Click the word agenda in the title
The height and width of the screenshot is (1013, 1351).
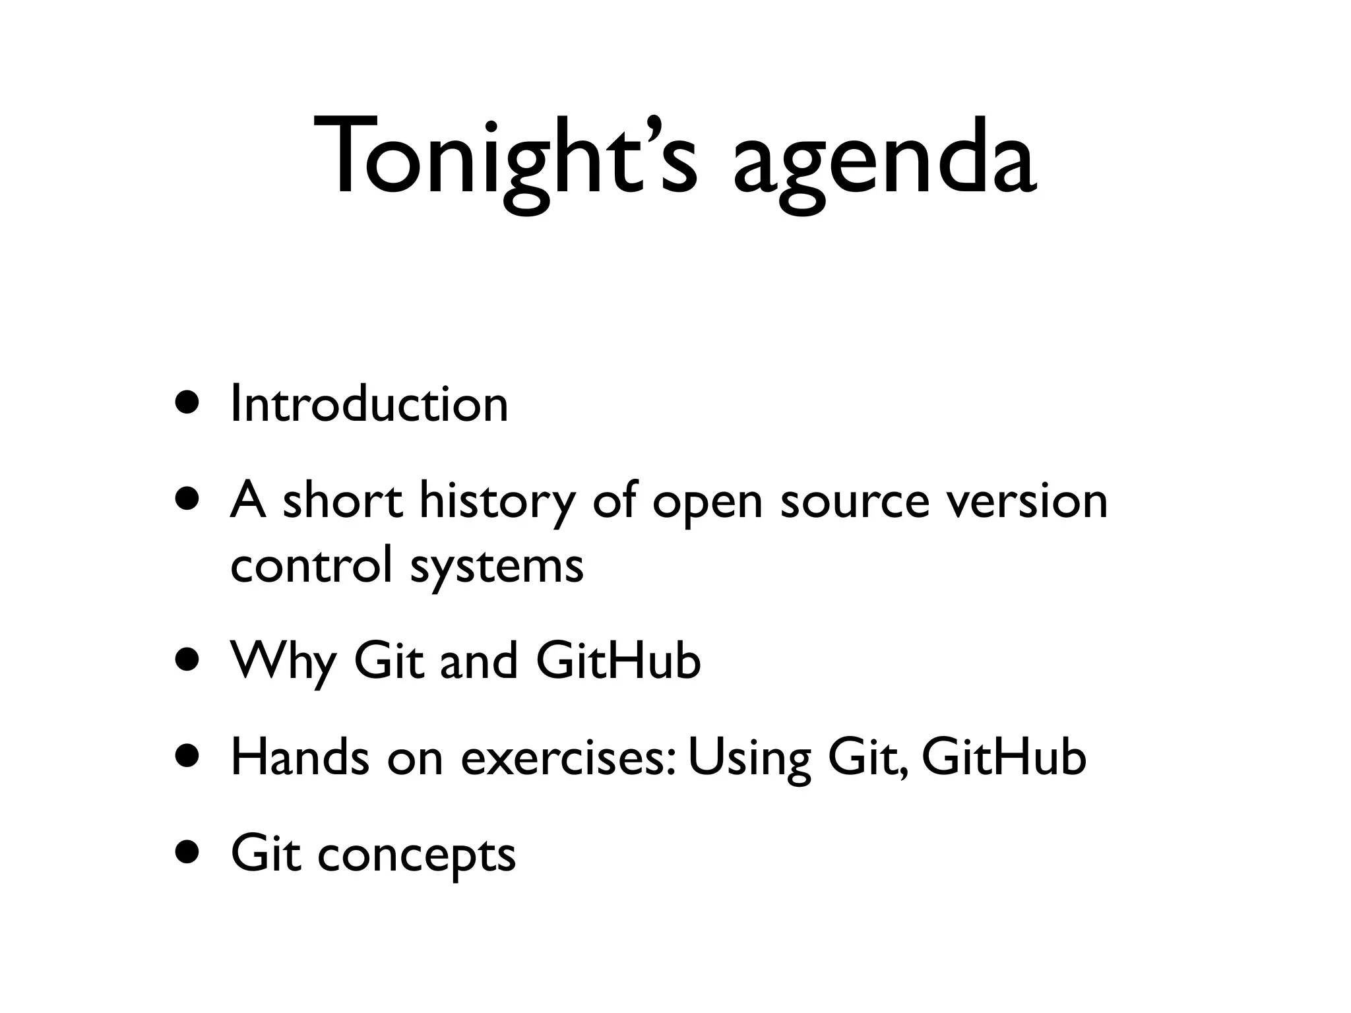pyautogui.click(x=884, y=165)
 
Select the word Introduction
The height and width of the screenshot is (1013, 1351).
pyautogui.click(x=369, y=404)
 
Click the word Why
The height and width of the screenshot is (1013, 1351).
pyautogui.click(x=283, y=661)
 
